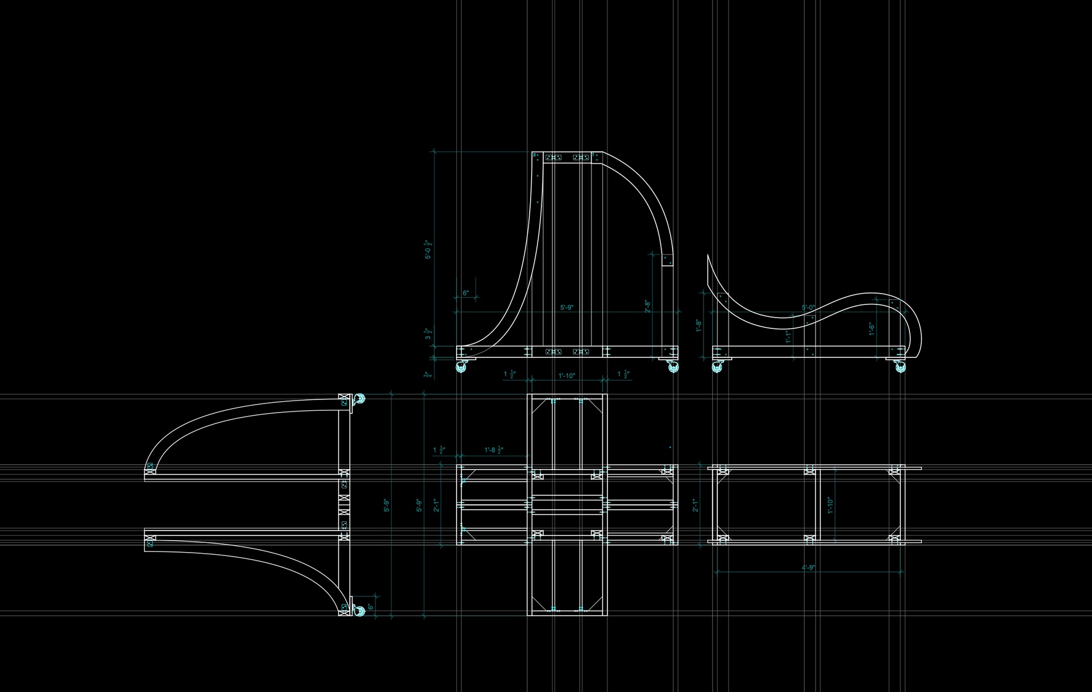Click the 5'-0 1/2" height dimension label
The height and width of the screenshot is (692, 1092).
pos(428,250)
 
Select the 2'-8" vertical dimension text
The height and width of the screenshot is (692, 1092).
pos(647,306)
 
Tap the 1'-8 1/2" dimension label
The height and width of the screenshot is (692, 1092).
pos(494,450)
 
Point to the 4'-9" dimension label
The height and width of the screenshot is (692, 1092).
pos(808,567)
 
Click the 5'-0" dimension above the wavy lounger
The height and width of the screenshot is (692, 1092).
pos(808,308)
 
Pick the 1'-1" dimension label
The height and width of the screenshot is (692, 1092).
pos(788,336)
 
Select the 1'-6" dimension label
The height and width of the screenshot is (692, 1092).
pos(871,328)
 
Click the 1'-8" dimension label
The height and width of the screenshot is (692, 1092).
pos(699,326)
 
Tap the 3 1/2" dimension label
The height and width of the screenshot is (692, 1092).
pos(428,334)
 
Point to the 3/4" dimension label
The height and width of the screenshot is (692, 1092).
pos(427,374)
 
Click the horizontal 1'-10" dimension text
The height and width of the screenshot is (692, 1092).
pos(566,376)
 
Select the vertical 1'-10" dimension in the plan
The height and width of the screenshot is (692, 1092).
pos(830,505)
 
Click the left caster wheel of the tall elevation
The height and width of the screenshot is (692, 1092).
pos(461,366)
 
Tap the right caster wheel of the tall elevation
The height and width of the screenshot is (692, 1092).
pos(673,366)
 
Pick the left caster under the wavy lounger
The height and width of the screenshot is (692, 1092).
pos(717,366)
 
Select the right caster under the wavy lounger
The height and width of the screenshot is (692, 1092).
pos(900,366)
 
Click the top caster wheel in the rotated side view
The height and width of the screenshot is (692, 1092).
pos(359,399)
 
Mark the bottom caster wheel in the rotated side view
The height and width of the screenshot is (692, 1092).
pos(359,611)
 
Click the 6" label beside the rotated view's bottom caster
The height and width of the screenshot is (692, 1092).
pos(370,607)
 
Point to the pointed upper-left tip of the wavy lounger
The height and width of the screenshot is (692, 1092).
pos(708,256)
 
